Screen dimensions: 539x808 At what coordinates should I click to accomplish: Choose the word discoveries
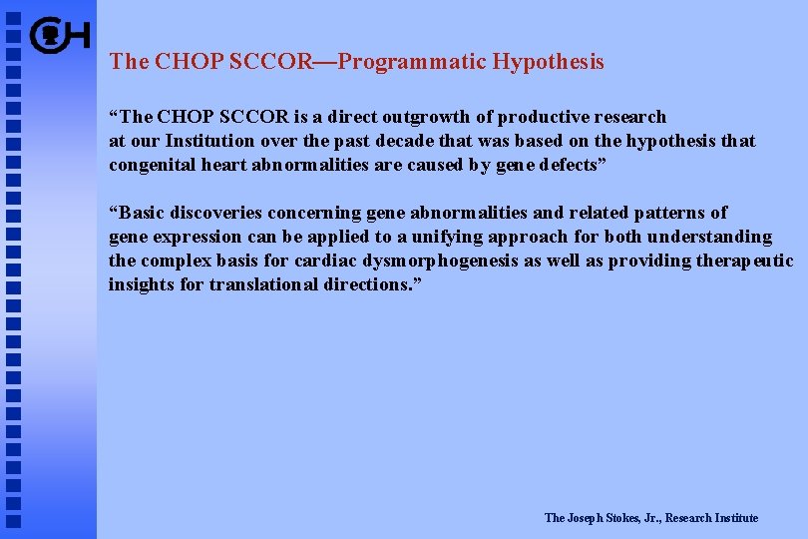[216, 213]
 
